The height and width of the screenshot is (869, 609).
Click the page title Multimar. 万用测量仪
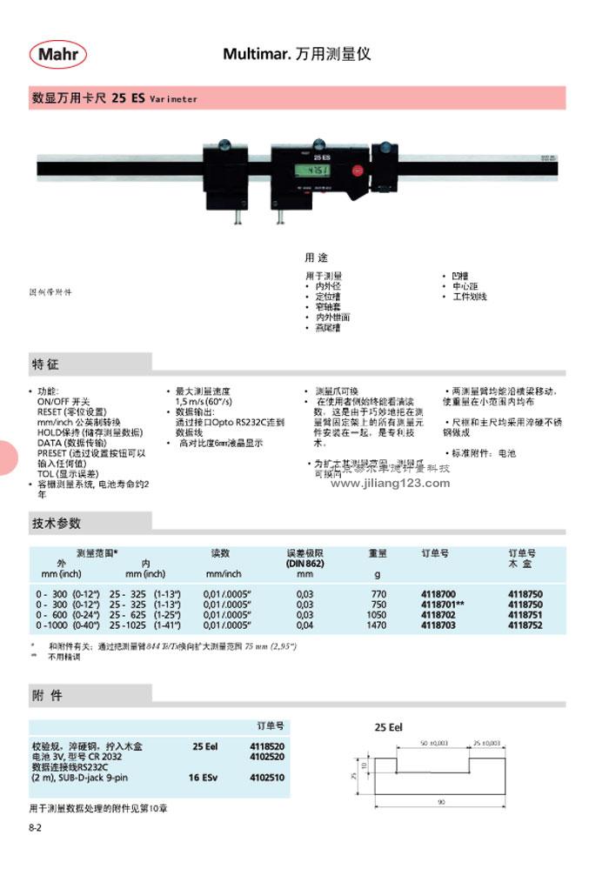297,54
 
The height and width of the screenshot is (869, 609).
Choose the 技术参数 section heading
57,523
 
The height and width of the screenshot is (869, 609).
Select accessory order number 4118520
268,746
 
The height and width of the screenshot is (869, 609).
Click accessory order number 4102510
268,778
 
